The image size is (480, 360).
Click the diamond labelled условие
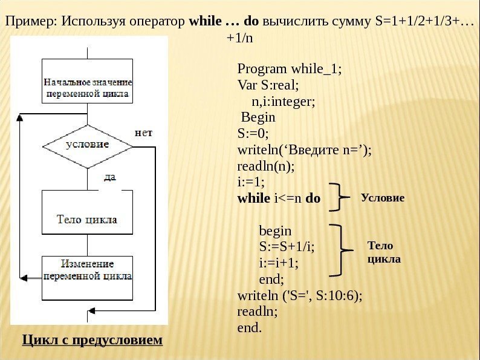(88, 146)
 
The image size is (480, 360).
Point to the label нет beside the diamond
(143, 131)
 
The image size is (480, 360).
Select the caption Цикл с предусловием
(92, 339)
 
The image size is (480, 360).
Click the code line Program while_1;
(290, 68)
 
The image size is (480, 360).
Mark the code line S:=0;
(254, 133)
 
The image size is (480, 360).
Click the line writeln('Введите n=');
(305, 149)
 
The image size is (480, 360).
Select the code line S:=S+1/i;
(287, 247)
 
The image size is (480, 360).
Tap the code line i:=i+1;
(279, 263)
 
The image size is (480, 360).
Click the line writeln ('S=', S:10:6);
(300, 296)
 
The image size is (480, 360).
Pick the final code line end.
(250, 329)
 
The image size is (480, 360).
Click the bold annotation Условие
(382, 198)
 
